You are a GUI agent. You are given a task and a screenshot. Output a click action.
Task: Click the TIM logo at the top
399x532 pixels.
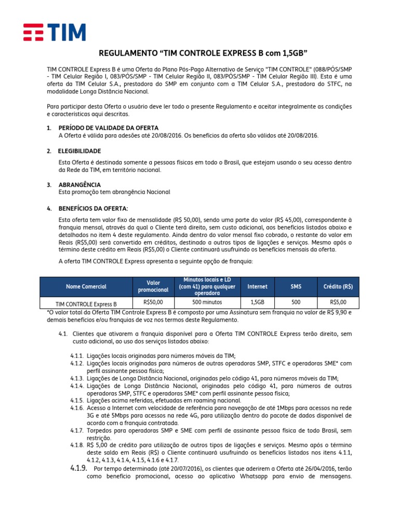54,32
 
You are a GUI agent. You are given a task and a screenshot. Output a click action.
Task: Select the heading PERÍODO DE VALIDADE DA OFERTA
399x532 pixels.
109,128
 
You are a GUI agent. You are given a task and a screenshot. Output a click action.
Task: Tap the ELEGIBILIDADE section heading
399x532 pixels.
79,151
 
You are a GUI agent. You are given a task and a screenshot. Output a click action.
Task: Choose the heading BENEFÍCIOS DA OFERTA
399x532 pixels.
93,208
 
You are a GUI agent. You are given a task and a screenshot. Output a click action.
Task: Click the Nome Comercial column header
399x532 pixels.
86,286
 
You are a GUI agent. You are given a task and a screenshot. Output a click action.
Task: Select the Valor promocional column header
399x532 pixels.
153,286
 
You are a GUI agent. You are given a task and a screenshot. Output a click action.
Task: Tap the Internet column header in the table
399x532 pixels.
257,286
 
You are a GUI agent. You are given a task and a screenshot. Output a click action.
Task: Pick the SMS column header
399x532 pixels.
296,286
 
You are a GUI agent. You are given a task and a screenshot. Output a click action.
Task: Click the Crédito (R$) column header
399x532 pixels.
338,286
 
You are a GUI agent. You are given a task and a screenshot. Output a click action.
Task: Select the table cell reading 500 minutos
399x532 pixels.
207,302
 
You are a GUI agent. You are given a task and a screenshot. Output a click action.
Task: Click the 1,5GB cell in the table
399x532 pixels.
257,302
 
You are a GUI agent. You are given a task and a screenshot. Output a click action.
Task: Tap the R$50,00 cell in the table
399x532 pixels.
153,302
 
